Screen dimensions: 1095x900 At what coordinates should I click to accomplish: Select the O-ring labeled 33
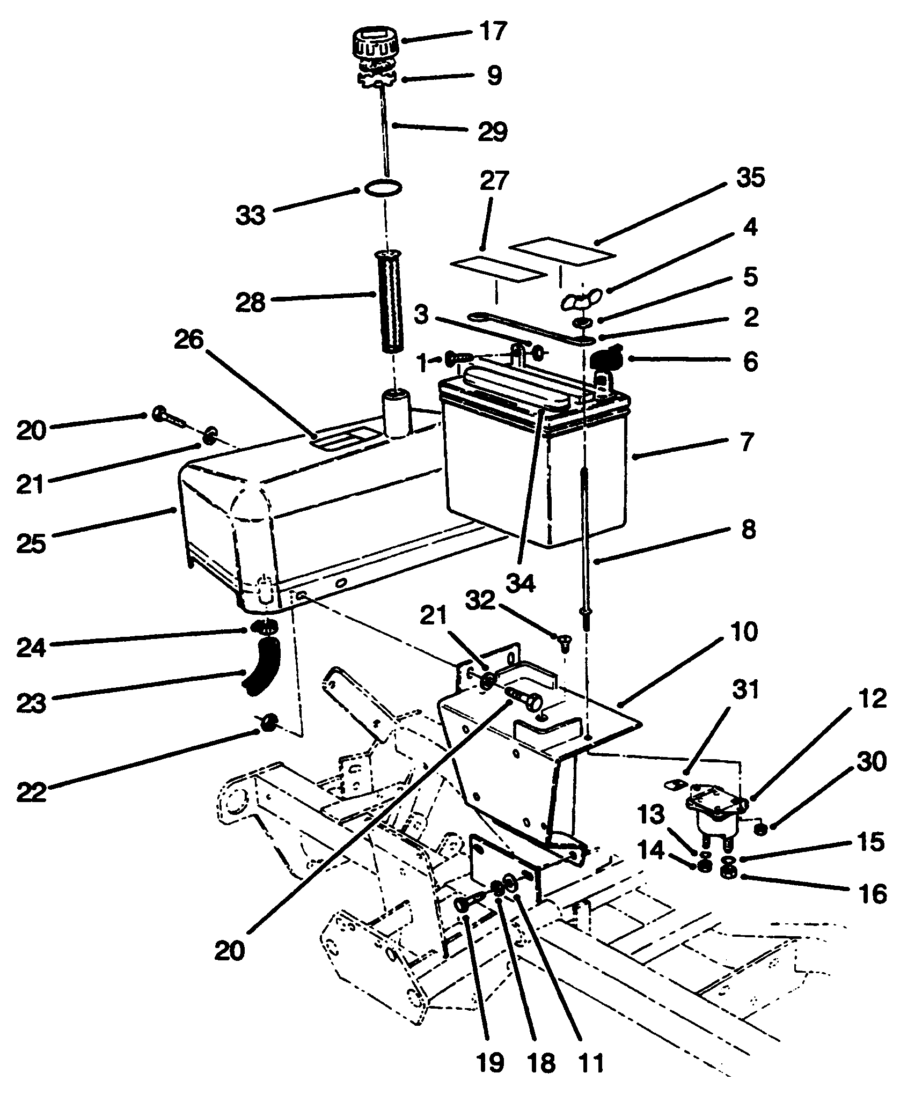383,189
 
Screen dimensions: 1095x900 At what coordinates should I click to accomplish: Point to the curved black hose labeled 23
261,666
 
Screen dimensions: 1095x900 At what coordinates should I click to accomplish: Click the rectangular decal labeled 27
499,270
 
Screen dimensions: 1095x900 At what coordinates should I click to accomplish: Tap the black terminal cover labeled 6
604,357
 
